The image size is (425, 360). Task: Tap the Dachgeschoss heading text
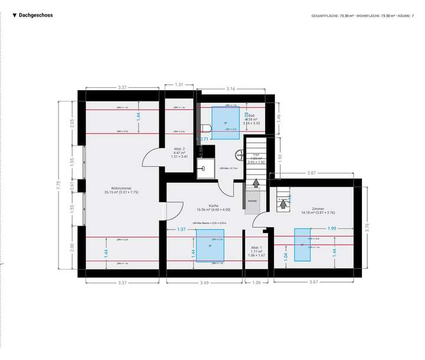point(35,15)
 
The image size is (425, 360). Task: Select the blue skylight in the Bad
point(225,123)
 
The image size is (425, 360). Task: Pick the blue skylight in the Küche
point(210,245)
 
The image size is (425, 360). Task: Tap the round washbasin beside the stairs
point(240,156)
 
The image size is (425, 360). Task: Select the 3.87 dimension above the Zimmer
point(312,173)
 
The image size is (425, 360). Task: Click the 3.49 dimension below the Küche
point(204,283)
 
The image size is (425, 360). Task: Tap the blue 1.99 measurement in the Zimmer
point(332,228)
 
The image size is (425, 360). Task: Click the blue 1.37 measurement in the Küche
point(182,229)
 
